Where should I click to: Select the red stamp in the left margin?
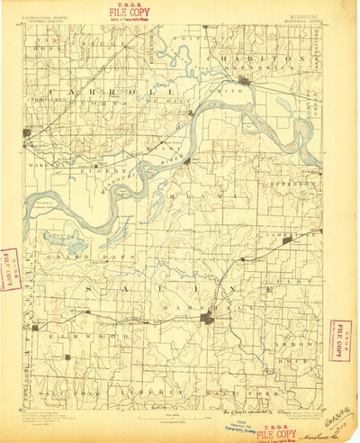coord(10,268)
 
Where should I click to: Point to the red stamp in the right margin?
coord(341,339)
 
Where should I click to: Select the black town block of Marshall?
coord(208,318)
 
